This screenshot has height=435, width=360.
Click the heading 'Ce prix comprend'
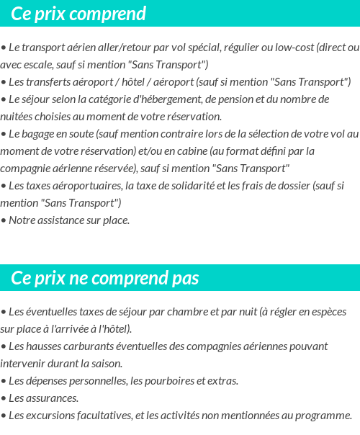click(78, 14)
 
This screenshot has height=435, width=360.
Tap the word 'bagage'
click(41, 134)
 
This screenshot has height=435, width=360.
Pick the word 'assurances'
click(52, 398)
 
